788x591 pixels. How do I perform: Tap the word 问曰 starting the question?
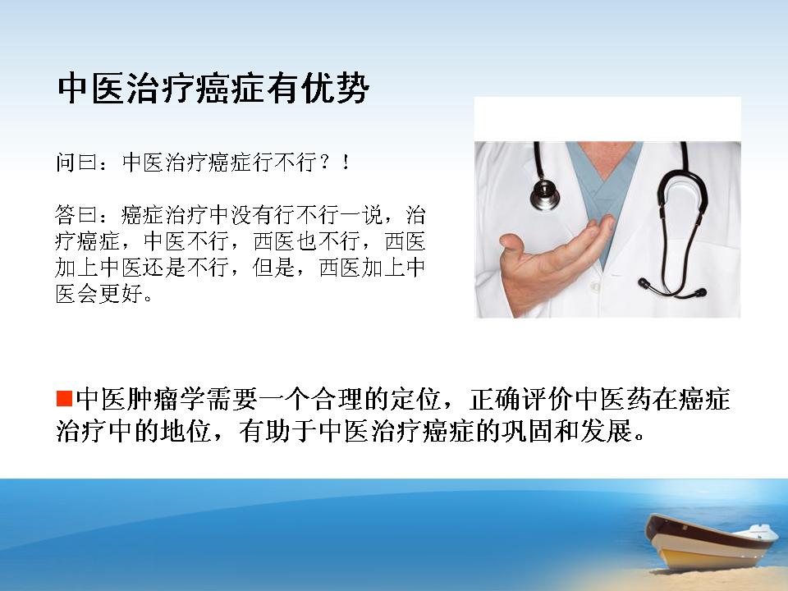click(76, 163)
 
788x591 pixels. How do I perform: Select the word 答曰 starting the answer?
click(76, 215)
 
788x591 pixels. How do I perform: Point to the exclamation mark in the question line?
click(346, 163)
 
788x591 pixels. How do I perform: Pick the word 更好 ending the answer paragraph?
click(120, 294)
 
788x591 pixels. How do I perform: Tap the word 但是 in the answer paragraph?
click(273, 268)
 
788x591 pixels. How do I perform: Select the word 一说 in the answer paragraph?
click(361, 215)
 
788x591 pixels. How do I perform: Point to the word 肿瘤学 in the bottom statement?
click(165, 399)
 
